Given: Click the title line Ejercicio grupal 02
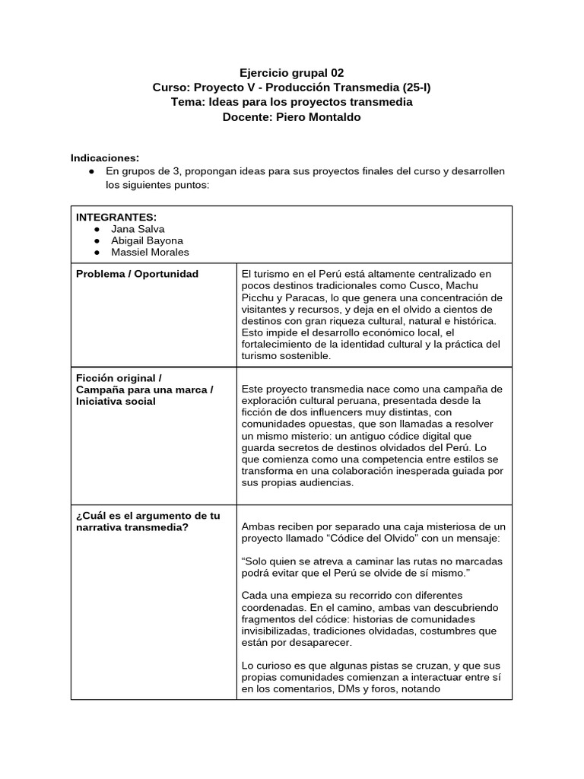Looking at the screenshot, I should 292,73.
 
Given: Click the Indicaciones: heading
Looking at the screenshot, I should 105,157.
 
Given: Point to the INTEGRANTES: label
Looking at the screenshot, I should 116,217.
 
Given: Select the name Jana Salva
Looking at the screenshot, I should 138,228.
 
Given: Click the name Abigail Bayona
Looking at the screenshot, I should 147,240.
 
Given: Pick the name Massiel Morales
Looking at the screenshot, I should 150,252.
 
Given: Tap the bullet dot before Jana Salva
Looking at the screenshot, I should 97,228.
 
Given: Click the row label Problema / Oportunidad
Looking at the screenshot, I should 137,274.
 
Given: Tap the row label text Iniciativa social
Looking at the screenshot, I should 116,402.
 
